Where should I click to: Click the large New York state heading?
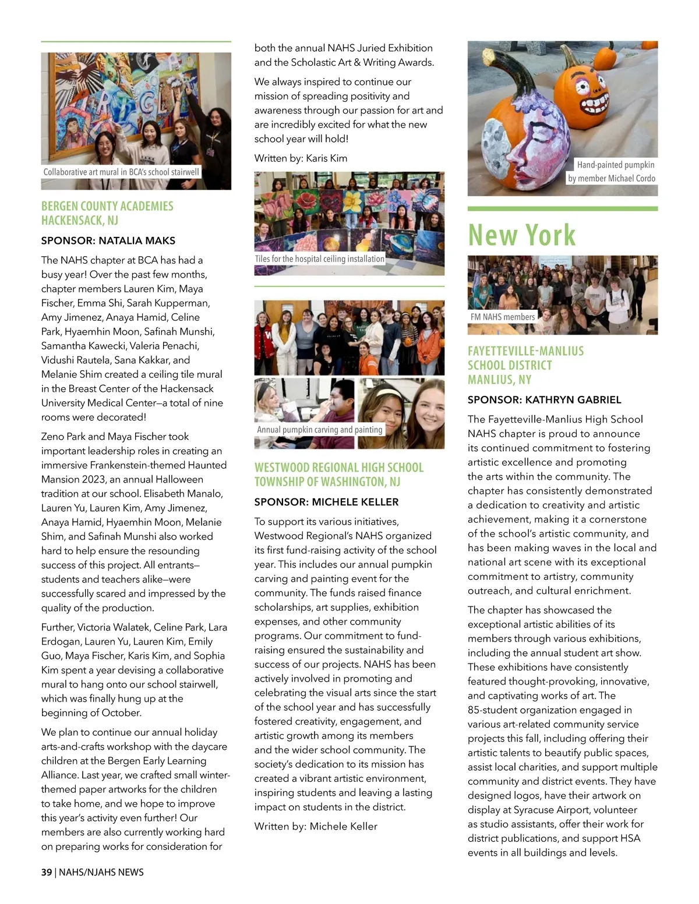coord(521,235)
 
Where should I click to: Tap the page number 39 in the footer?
coord(47,872)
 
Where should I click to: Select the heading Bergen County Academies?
coord(107,206)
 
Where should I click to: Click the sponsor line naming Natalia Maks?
coord(108,240)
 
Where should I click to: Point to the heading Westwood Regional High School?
coord(338,467)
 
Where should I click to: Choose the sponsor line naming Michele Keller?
coord(326,502)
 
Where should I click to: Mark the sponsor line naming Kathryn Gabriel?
coord(544,400)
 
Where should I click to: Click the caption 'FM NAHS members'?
coord(502,317)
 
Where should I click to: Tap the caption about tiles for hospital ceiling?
coord(319,258)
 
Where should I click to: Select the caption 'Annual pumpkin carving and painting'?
coord(319,430)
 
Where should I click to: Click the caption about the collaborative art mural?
coord(121,172)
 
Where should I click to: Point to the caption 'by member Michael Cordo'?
coord(611,178)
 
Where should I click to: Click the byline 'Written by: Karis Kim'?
coord(301,158)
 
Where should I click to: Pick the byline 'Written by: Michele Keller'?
coord(316,826)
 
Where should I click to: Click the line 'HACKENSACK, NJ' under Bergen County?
coord(79,221)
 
